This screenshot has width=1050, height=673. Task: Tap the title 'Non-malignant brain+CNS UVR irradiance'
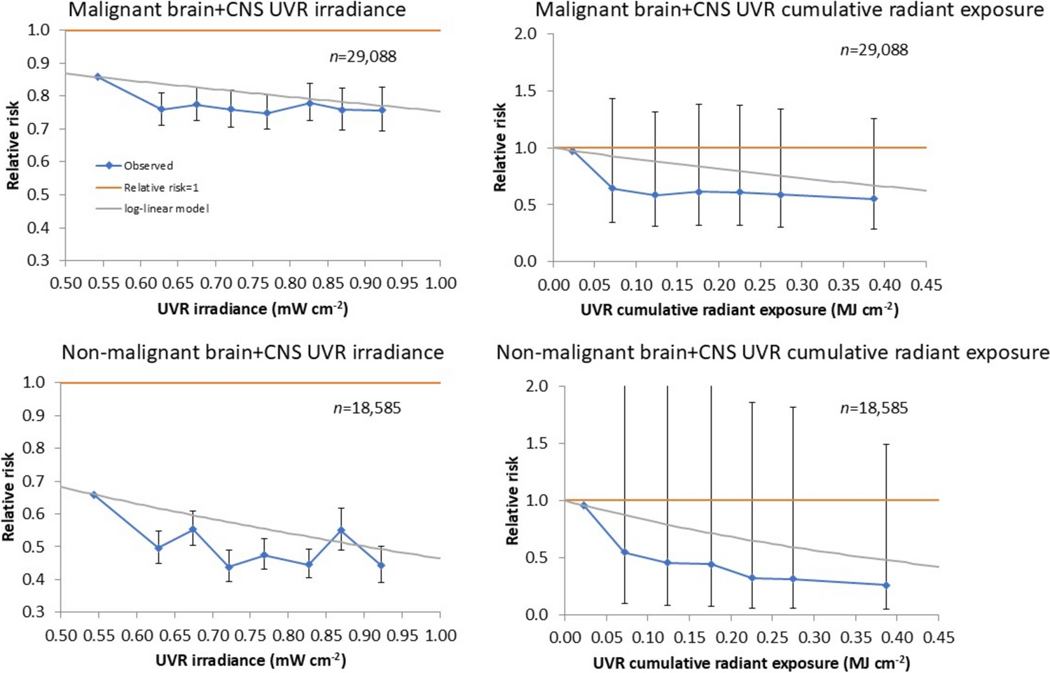[x=252, y=352]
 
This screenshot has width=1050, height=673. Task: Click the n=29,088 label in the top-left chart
[x=363, y=57]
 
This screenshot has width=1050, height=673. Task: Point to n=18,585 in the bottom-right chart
[x=874, y=408]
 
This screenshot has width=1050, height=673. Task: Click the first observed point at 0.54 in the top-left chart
[x=98, y=77]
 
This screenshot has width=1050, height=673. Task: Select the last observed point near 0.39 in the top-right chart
[x=873, y=199]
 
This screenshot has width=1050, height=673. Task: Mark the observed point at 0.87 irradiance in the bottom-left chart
[x=342, y=531]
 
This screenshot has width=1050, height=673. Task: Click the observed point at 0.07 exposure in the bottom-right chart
[x=625, y=552]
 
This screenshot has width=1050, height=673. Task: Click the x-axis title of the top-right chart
[x=739, y=309]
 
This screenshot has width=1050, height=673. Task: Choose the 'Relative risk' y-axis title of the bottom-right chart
[x=512, y=501]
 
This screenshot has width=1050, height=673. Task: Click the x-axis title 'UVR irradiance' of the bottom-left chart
[x=250, y=660]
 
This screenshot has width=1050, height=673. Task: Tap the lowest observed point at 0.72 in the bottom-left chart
[x=228, y=567]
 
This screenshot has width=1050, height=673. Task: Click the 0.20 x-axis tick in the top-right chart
[x=719, y=285]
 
